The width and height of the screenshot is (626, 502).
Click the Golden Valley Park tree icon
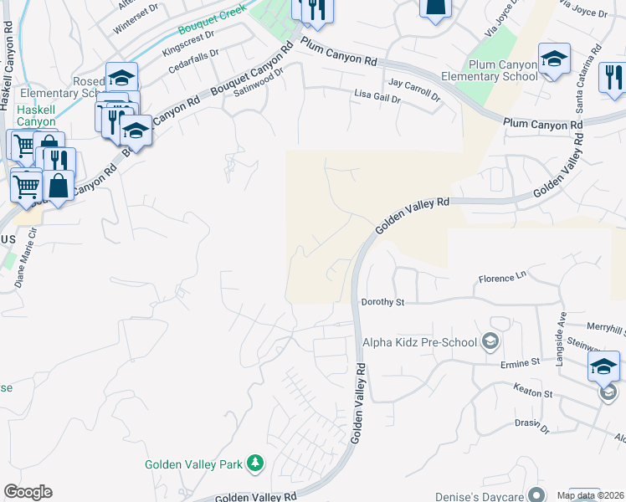256,464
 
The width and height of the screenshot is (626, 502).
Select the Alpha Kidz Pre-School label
418,341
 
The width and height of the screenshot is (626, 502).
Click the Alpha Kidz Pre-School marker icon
490,341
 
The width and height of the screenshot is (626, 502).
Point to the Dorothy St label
382,302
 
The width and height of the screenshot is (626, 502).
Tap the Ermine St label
521,363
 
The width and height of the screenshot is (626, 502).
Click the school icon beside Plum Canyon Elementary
554,59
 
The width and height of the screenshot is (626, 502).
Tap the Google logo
28,492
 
